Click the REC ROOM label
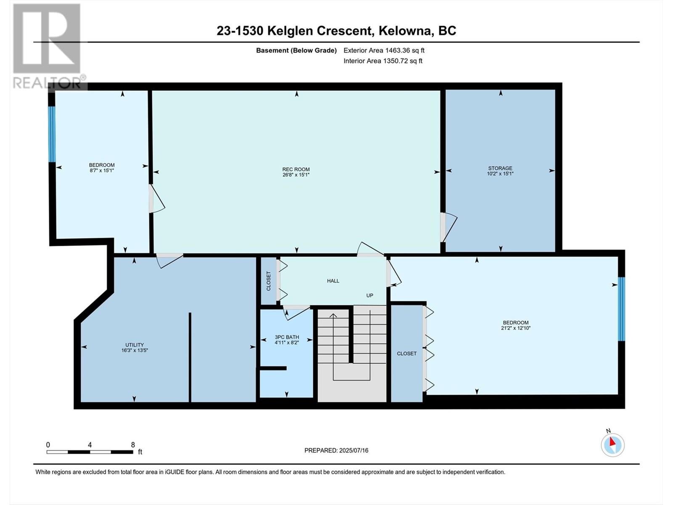[x=296, y=169]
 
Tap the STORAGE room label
[x=500, y=168]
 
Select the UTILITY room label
[x=134, y=345]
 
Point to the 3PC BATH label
[x=287, y=337]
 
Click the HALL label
[x=333, y=281]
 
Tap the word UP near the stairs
[x=369, y=295]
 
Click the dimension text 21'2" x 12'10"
[x=516, y=328]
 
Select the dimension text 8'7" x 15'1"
[x=101, y=170]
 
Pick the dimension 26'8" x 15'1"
[x=296, y=175]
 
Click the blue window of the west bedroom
[x=52, y=134]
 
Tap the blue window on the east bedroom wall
[x=621, y=309]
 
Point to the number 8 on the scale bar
[x=133, y=444]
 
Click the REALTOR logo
[x=49, y=46]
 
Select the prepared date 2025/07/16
[x=353, y=450]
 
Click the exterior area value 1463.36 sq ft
[x=405, y=50]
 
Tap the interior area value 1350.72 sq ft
[x=403, y=61]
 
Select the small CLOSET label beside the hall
[x=269, y=281]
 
